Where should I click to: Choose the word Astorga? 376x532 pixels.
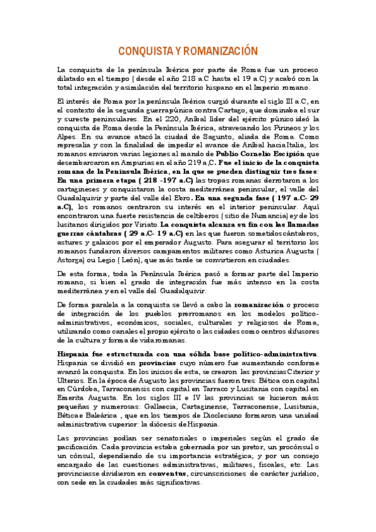click(x=73, y=258)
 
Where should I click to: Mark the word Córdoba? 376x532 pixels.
click(x=85, y=389)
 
